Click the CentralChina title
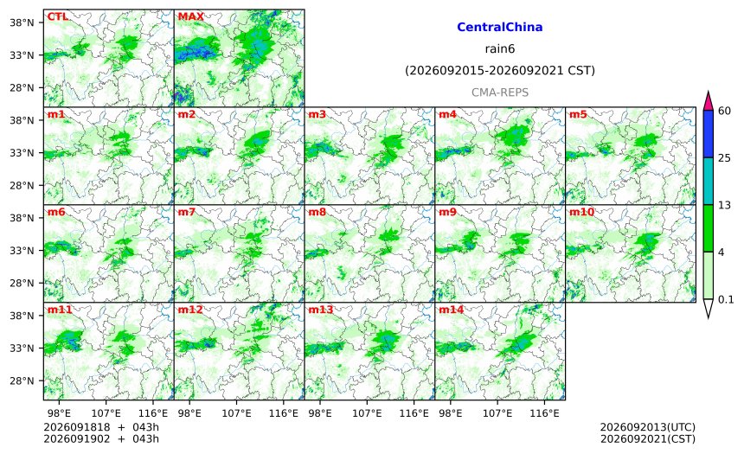[500, 27]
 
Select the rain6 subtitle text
[500, 49]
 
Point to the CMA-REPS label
[500, 93]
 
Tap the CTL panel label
[57, 16]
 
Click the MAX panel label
[190, 16]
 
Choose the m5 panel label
[578, 114]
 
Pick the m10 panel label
[581, 212]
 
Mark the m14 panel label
[451, 310]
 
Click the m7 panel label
[187, 212]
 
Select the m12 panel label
[190, 310]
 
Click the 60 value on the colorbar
[725, 111]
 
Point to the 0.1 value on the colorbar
[726, 299]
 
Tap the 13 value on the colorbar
[725, 206]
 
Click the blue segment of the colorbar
[709, 134]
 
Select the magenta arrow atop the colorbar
[709, 101]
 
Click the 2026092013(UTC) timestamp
[648, 427]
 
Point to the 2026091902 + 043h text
[101, 438]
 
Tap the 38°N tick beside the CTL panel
[22, 22]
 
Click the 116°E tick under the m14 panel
[544, 413]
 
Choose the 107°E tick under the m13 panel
[367, 413]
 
